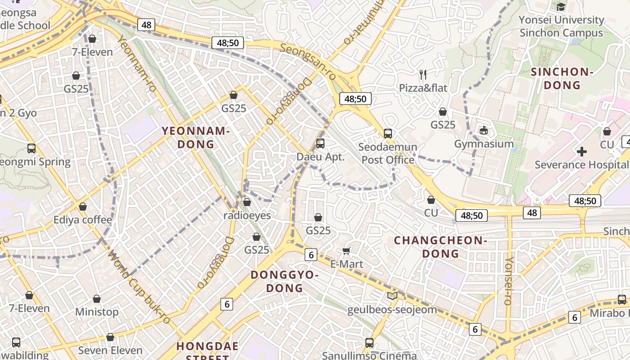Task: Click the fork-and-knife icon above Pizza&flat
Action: pos(423,74)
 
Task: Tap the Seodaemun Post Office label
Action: pos(388,153)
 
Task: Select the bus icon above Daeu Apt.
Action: pos(320,144)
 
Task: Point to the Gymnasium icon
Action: pos(484,130)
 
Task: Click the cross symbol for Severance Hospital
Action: pos(582,152)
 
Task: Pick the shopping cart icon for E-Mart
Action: pos(346,251)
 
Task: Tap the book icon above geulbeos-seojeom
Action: pos(392,296)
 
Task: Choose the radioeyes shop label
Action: pos(247,216)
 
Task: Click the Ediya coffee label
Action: pos(83,220)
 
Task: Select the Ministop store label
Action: pos(97,312)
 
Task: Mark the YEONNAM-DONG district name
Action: pos(196,138)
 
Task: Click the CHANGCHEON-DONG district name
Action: pos(441,247)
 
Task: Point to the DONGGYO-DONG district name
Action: pos(284,281)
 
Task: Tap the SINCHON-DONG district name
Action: pos(562,78)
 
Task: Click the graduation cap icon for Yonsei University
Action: pos(561,7)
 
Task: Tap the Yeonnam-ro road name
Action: pos(137,63)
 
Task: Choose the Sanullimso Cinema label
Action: pos(369,355)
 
